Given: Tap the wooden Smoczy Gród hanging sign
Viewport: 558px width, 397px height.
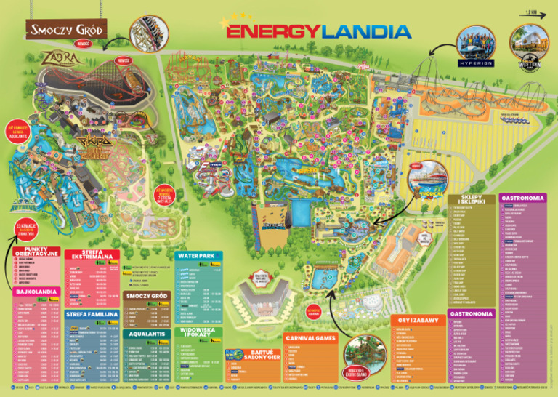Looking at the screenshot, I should click(66, 30).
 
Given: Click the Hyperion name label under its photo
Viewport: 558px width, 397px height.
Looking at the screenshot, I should click(476, 63).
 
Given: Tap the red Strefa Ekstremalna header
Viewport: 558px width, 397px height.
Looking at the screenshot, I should click(92, 255).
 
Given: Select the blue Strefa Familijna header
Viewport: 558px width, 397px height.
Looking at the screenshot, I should click(92, 315).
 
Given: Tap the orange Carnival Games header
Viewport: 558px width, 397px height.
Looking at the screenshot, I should click(310, 338).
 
